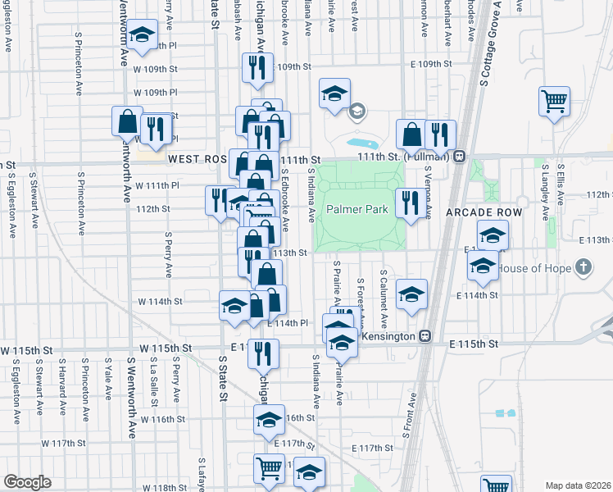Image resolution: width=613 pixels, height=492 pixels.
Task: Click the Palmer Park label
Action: (x=357, y=209)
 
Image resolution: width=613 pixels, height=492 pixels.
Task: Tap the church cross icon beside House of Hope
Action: (x=583, y=266)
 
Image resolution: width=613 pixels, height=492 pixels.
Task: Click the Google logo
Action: (x=27, y=482)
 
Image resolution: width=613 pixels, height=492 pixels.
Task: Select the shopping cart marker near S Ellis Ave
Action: (x=555, y=102)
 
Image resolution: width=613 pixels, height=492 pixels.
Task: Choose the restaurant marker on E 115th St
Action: (x=264, y=353)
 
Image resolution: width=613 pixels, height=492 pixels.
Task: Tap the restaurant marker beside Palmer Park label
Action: (x=408, y=202)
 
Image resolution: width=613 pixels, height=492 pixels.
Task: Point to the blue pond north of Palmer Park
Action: (x=358, y=142)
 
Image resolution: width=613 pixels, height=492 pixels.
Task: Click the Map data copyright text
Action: (x=577, y=485)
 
